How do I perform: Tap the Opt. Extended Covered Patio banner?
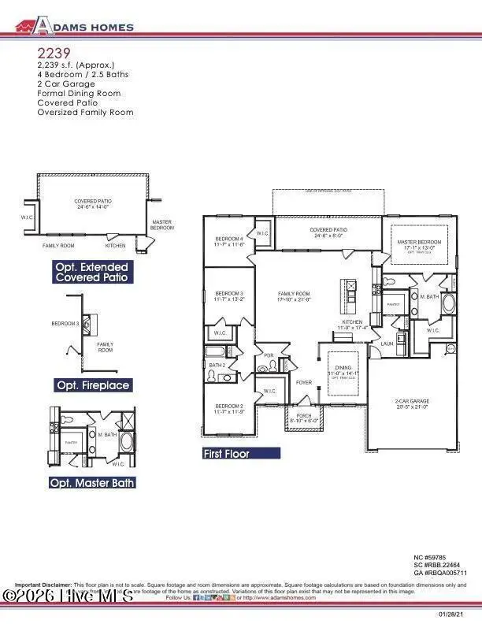coord(91,273)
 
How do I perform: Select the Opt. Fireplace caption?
coord(92,385)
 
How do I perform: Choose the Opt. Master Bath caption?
coord(92,482)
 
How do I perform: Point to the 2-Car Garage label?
coord(411,403)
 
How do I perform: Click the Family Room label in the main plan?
coord(295,296)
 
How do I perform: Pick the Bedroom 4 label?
coord(230,241)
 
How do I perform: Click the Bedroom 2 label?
coord(230,409)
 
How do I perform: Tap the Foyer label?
coord(303,384)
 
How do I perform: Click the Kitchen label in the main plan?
coord(351,324)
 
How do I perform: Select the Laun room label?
coord(365,344)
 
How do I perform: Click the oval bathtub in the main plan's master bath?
coord(449,305)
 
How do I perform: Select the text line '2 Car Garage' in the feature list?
coord(65,83)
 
